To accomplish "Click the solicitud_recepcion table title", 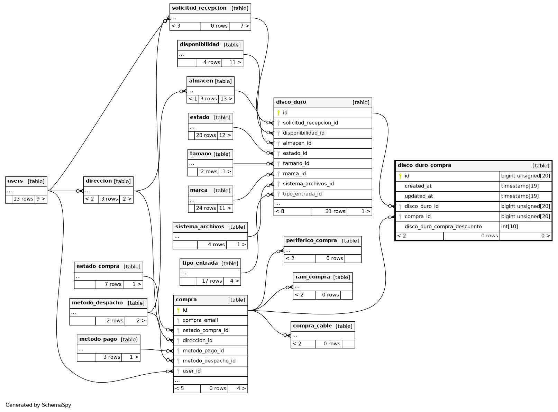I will tap(199, 8).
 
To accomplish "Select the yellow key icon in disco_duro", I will tap(278, 113).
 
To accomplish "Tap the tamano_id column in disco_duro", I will tap(296, 164).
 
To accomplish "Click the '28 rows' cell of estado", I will tap(206, 135).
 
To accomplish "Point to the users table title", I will tap(15, 181).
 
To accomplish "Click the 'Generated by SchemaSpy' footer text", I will tap(38, 405).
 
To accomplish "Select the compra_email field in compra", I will tap(200, 320).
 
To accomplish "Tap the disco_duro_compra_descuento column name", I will tap(443, 227).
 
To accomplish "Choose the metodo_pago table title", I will tap(98, 339).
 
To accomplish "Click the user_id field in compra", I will tap(191, 371).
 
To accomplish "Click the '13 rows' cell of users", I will tap(23, 199).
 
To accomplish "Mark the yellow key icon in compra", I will tap(178, 310).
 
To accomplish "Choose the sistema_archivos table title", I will tap(200, 227).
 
